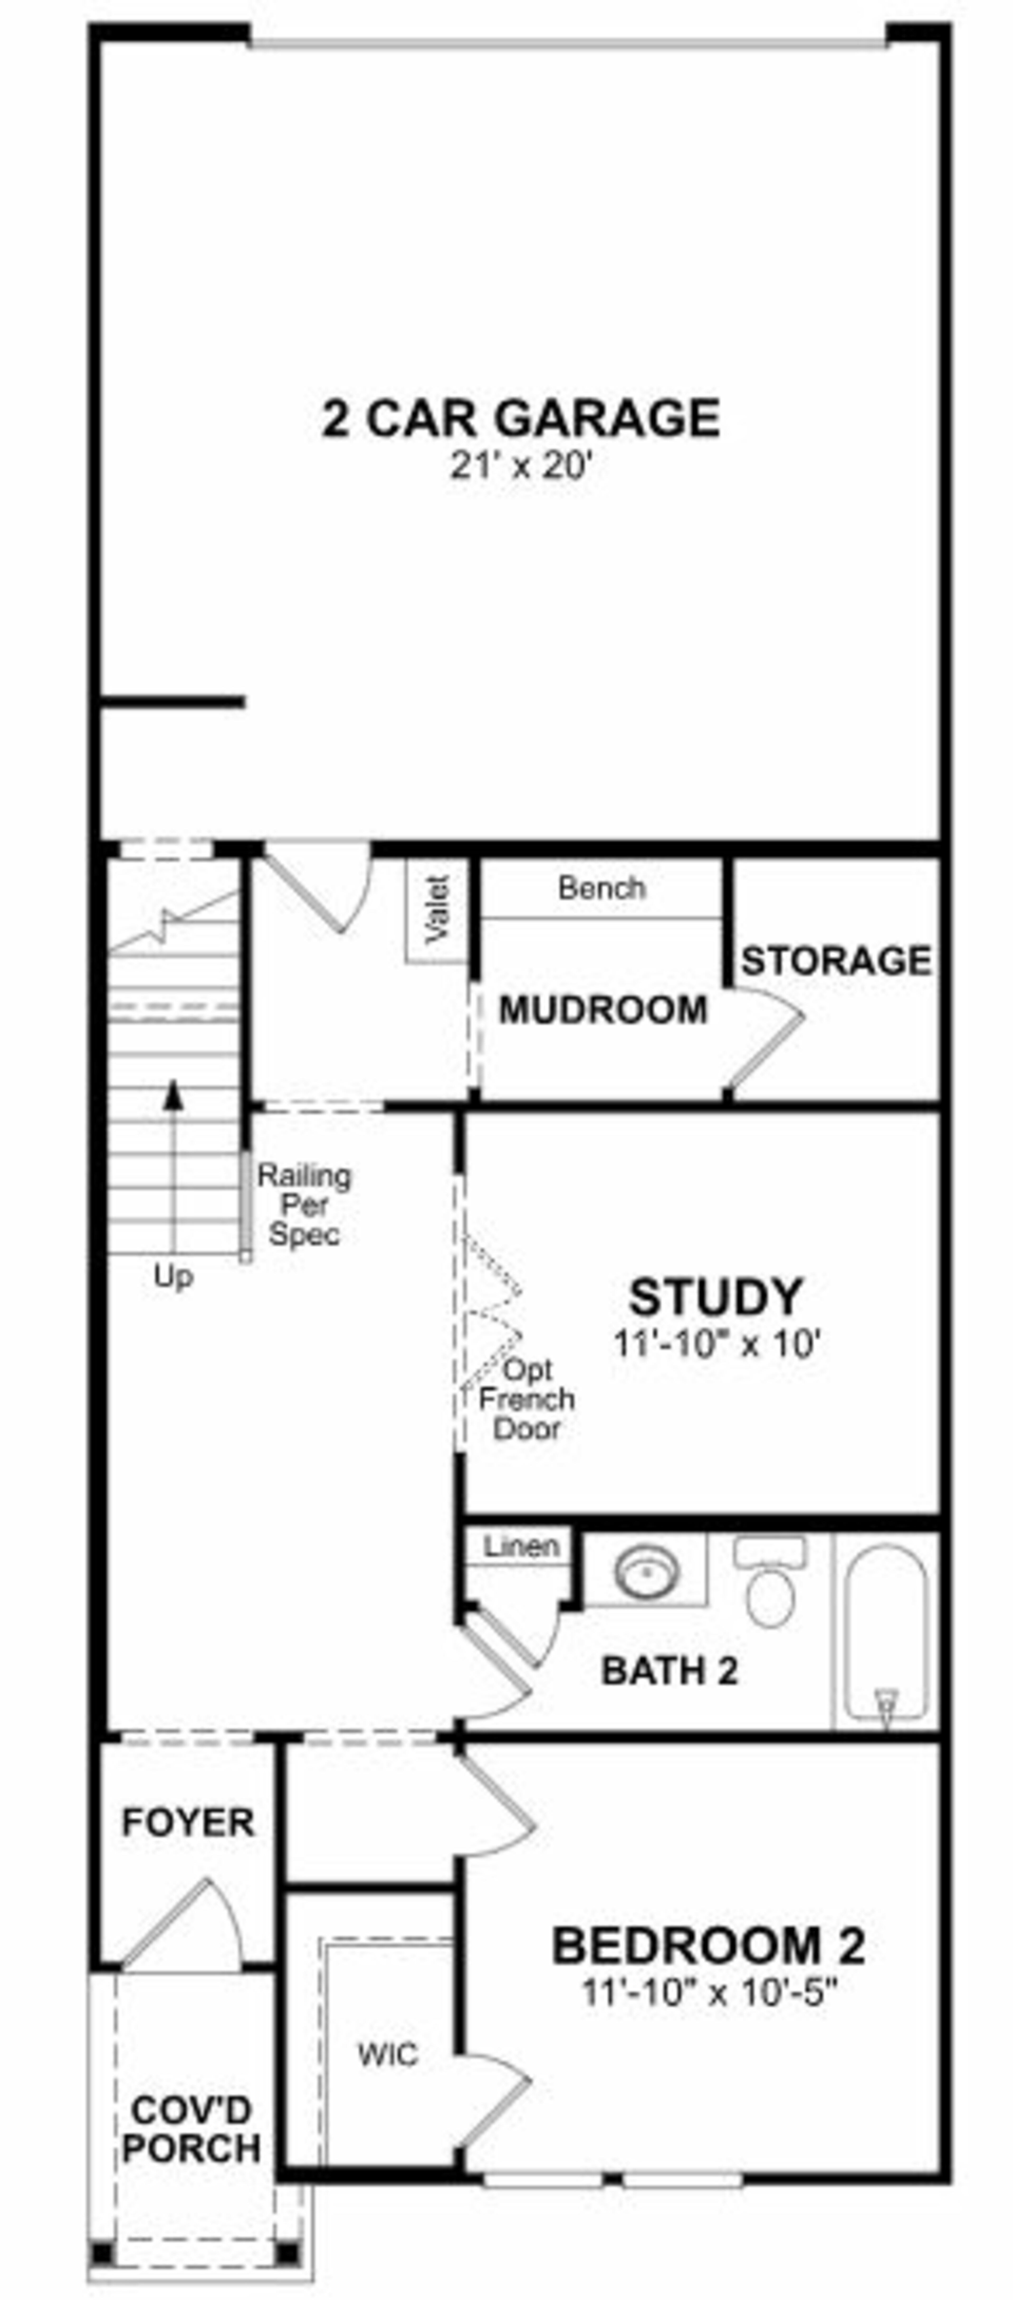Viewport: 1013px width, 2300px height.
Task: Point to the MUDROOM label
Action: coord(603,1010)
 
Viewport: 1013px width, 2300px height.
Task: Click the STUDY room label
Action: coord(716,1297)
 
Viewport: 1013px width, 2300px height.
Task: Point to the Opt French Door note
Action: coord(527,1399)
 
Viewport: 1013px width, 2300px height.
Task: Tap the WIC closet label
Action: coord(387,2055)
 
